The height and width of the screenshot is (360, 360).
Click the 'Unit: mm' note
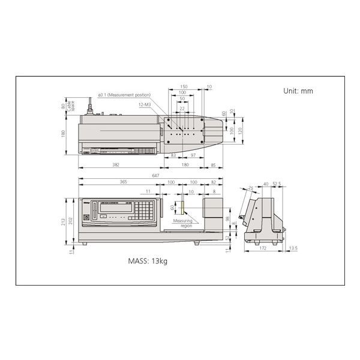point(298,92)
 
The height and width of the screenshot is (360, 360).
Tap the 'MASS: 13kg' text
point(148,262)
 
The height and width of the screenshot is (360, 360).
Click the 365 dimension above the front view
point(123,182)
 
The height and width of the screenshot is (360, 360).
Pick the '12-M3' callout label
point(145,104)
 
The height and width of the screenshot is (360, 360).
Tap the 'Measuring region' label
point(182,223)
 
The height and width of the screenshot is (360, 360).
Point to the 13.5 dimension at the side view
point(292,248)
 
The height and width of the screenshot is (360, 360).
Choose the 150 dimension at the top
point(184,87)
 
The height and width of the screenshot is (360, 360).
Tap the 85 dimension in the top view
point(214,164)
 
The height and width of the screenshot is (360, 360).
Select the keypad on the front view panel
point(145,210)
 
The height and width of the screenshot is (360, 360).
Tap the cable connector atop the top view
point(91,110)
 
